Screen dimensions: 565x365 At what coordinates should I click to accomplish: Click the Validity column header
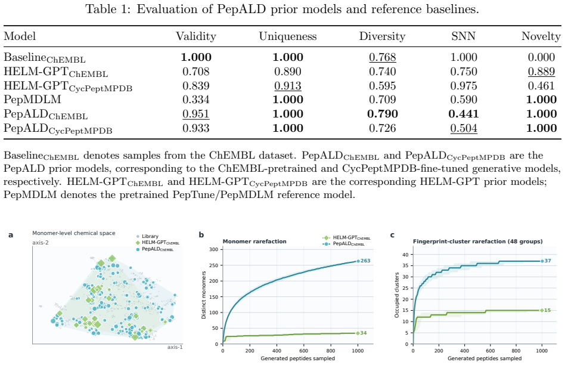pyautogui.click(x=195, y=36)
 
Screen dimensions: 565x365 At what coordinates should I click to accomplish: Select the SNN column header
pyautogui.click(x=464, y=36)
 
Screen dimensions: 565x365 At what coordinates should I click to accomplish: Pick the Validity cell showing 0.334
pyautogui.click(x=195, y=100)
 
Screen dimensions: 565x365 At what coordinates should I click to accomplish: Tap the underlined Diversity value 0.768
pyautogui.click(x=382, y=57)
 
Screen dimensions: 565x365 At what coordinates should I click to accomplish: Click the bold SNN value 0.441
pyautogui.click(x=464, y=114)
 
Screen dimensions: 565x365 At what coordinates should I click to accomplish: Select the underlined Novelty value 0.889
pyautogui.click(x=541, y=72)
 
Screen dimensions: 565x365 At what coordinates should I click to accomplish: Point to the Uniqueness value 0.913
pyautogui.click(x=287, y=86)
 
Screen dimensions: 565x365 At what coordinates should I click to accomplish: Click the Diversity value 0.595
pyautogui.click(x=382, y=86)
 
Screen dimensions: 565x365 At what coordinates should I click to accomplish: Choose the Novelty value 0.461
pyautogui.click(x=541, y=86)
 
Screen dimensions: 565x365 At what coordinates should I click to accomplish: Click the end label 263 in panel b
pyautogui.click(x=365, y=261)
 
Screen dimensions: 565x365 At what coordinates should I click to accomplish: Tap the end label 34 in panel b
pyautogui.click(x=364, y=333)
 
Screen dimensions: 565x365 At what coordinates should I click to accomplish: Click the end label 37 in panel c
pyautogui.click(x=548, y=261)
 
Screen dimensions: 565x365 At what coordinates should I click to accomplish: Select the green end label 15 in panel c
pyautogui.click(x=548, y=310)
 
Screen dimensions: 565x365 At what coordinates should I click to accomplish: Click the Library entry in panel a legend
pyautogui.click(x=150, y=236)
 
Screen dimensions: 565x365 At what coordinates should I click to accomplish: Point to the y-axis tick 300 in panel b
pyautogui.click(x=214, y=249)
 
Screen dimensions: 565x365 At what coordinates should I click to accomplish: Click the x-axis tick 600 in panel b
pyautogui.click(x=304, y=351)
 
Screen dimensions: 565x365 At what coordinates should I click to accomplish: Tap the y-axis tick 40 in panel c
pyautogui.click(x=406, y=255)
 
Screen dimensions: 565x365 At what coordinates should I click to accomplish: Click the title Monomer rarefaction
pyautogui.click(x=254, y=242)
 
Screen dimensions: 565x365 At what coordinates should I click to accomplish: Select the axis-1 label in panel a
pyautogui.click(x=175, y=347)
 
